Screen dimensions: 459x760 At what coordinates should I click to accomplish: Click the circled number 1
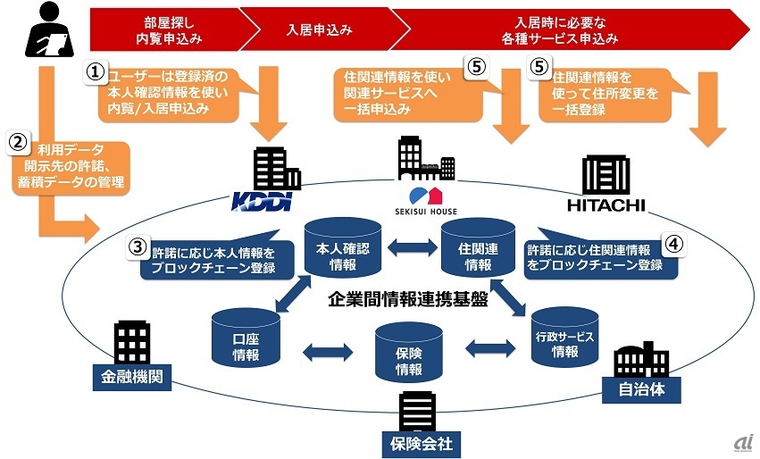(x=96, y=72)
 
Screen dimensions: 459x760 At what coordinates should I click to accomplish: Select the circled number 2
(x=18, y=141)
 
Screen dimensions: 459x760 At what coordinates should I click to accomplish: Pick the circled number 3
(x=136, y=246)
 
